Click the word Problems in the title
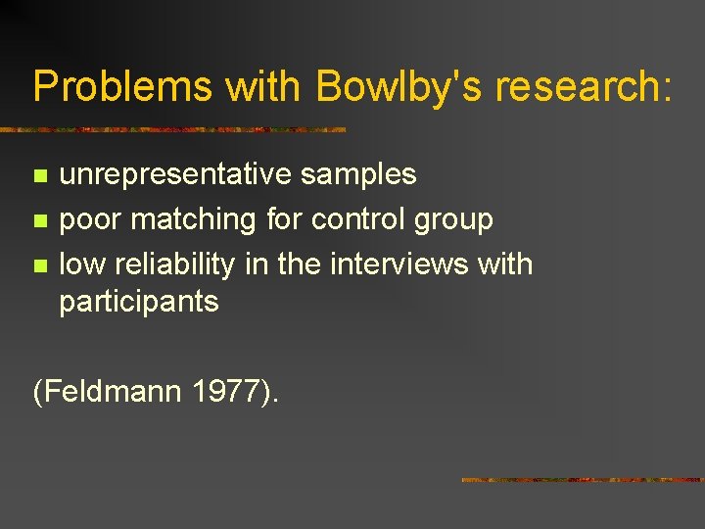tap(121, 86)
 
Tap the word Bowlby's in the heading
tap(398, 86)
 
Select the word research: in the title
tap(584, 86)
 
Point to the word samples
tap(358, 174)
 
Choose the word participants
tap(139, 301)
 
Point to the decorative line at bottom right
tap(583, 480)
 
